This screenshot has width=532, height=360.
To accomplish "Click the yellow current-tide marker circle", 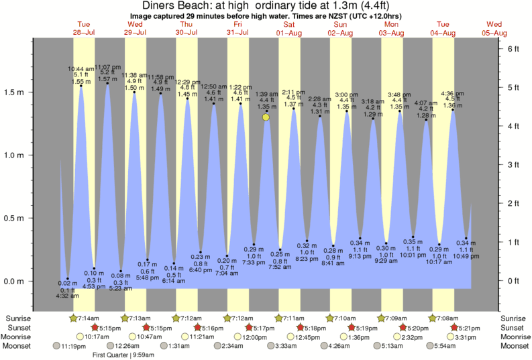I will (266, 117).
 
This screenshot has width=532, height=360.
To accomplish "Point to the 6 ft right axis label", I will (513, 49).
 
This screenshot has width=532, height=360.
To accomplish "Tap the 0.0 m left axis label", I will (15, 281).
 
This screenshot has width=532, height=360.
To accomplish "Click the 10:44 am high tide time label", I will (81, 68).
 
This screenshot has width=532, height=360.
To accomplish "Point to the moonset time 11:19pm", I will (73, 346).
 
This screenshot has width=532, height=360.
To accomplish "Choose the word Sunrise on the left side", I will (17, 318).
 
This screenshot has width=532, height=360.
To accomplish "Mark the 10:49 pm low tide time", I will (466, 256).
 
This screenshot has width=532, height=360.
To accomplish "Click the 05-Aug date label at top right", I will (494, 32).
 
